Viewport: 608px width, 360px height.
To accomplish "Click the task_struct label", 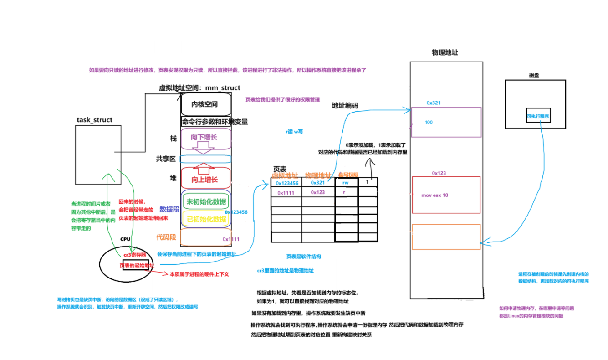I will pyautogui.click(x=94, y=120).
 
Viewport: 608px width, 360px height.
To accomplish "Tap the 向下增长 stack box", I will pyautogui.click(x=206, y=138).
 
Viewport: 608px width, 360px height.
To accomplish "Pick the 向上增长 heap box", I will pyautogui.click(x=206, y=179).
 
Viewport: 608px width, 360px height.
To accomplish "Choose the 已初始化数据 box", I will pyautogui.click(x=206, y=219).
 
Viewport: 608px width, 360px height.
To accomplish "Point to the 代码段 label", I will pyautogui.click(x=166, y=237).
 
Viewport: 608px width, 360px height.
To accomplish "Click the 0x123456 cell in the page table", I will pyautogui.click(x=286, y=183).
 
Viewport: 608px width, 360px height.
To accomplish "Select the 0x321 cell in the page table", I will pyautogui.click(x=318, y=183).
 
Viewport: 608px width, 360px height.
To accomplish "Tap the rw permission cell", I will pyautogui.click(x=346, y=183).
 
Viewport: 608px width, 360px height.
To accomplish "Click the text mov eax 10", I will pyautogui.click(x=434, y=195).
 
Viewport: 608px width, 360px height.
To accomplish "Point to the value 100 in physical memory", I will pyautogui.click(x=429, y=123).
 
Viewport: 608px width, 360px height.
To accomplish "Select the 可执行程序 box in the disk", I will pyautogui.click(x=538, y=116).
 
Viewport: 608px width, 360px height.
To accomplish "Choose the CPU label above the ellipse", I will pyautogui.click(x=125, y=239).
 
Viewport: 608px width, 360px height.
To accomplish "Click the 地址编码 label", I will pyautogui.click(x=345, y=106).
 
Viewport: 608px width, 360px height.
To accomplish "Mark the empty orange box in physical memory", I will pyautogui.click(x=446, y=237).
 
